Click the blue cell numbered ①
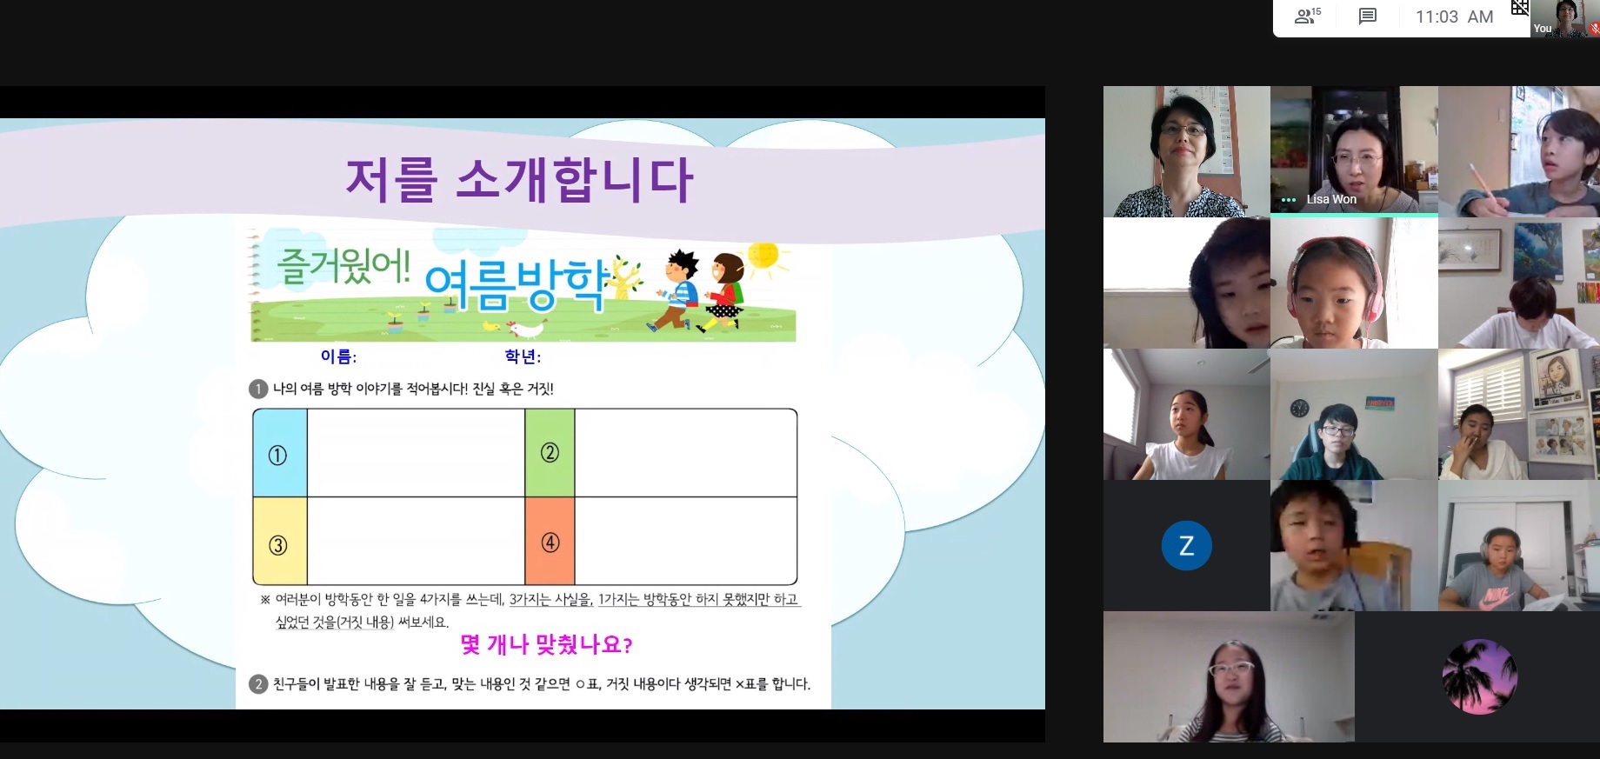tap(280, 453)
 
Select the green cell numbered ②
tap(550, 453)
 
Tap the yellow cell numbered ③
tap(280, 541)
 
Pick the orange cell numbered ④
tap(550, 541)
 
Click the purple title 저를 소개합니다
tap(519, 180)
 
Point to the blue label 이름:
tap(338, 356)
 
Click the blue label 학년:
tap(523, 356)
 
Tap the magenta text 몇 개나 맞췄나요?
tap(546, 644)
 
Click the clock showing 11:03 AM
tap(1454, 17)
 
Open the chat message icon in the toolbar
tap(1368, 17)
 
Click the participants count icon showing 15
tap(1307, 16)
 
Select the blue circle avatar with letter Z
tap(1186, 545)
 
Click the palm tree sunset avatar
tap(1479, 676)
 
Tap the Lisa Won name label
tap(1330, 199)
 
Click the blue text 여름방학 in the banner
tap(517, 285)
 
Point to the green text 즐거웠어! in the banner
tap(343, 265)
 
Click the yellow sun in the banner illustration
tap(764, 256)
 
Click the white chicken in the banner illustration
tap(525, 329)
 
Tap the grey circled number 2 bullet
tap(258, 684)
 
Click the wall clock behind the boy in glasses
tap(1299, 408)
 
